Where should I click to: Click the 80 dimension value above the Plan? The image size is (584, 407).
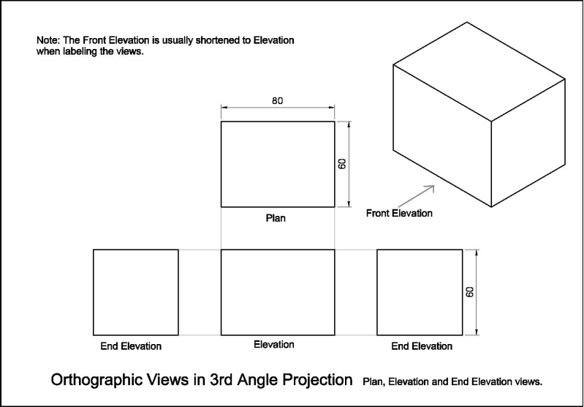[278, 101]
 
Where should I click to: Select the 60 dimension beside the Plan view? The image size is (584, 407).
[342, 164]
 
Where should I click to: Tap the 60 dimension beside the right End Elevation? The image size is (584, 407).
[470, 292]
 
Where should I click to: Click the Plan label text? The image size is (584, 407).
[276, 218]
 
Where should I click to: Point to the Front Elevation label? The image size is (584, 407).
[399, 214]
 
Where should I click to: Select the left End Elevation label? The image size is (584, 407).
[131, 346]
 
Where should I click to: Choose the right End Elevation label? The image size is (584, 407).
[422, 346]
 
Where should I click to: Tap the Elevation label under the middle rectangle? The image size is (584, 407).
[274, 344]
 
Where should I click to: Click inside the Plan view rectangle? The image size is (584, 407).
[278, 164]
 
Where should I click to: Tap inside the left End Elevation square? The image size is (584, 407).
[135, 293]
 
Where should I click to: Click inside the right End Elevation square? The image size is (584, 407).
[420, 293]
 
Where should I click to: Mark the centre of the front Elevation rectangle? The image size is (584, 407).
[278, 293]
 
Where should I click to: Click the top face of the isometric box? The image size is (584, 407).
[479, 72]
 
